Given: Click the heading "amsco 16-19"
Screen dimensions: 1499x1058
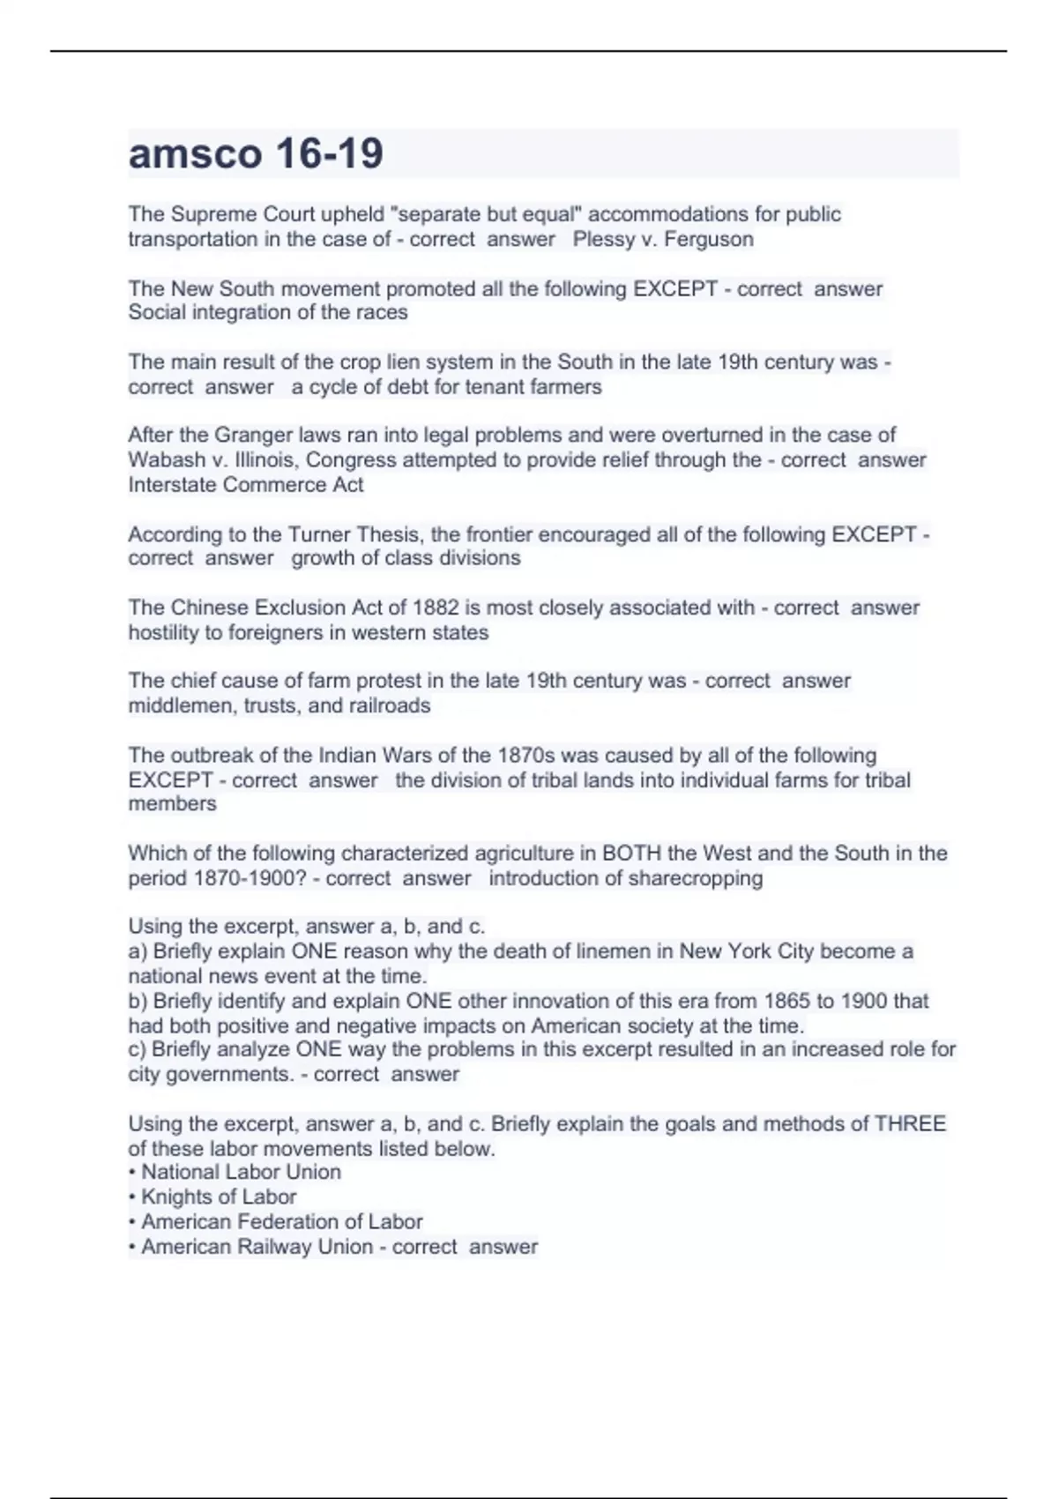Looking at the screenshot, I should [256, 153].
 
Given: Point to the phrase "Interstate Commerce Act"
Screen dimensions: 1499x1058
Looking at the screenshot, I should [246, 484].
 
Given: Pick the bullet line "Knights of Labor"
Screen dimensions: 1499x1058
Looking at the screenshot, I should [219, 1197].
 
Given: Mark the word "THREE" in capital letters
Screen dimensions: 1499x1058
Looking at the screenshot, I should [909, 1123].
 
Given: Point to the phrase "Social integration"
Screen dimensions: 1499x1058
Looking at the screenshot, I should [202, 312].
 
